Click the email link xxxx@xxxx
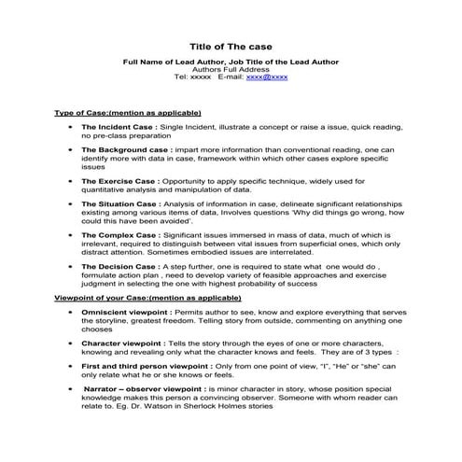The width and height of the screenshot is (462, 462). pyautogui.click(x=267, y=77)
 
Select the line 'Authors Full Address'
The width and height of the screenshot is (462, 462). pyautogui.click(x=231, y=69)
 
